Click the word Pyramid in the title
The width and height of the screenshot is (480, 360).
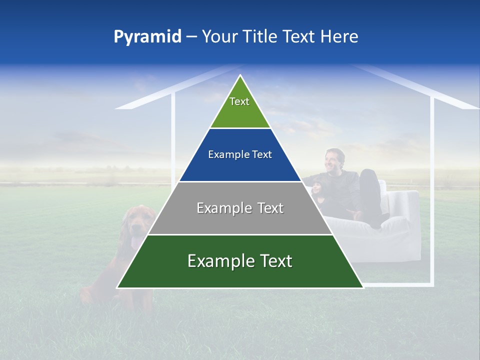tap(147, 37)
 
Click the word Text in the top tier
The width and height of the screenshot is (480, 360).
tap(239, 101)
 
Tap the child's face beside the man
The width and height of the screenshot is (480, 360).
tap(317, 187)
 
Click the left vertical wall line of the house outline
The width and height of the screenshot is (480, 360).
tap(173, 135)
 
